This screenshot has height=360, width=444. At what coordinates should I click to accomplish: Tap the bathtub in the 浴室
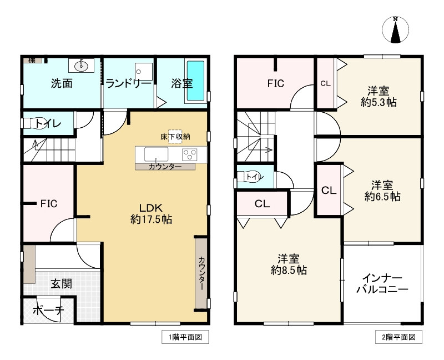tap(195, 81)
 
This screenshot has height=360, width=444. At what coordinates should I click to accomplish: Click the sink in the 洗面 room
tap(82, 67)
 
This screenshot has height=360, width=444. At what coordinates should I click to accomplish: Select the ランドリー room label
tap(128, 84)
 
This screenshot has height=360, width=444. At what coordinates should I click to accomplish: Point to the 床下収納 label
tap(175, 136)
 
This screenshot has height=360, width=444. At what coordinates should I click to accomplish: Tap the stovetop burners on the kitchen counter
tap(190, 154)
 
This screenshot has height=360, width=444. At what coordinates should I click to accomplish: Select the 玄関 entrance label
tap(61, 284)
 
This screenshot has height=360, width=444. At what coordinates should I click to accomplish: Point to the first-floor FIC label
tap(49, 203)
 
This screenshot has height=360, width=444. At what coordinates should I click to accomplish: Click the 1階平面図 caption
tap(178, 337)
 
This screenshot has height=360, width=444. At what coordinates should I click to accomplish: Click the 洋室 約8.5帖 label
tap(289, 264)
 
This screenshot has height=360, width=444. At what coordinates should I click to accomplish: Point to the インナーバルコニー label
tap(382, 283)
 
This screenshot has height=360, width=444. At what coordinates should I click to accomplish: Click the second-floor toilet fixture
tap(245, 177)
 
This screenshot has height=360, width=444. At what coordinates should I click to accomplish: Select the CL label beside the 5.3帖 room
tap(325, 84)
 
